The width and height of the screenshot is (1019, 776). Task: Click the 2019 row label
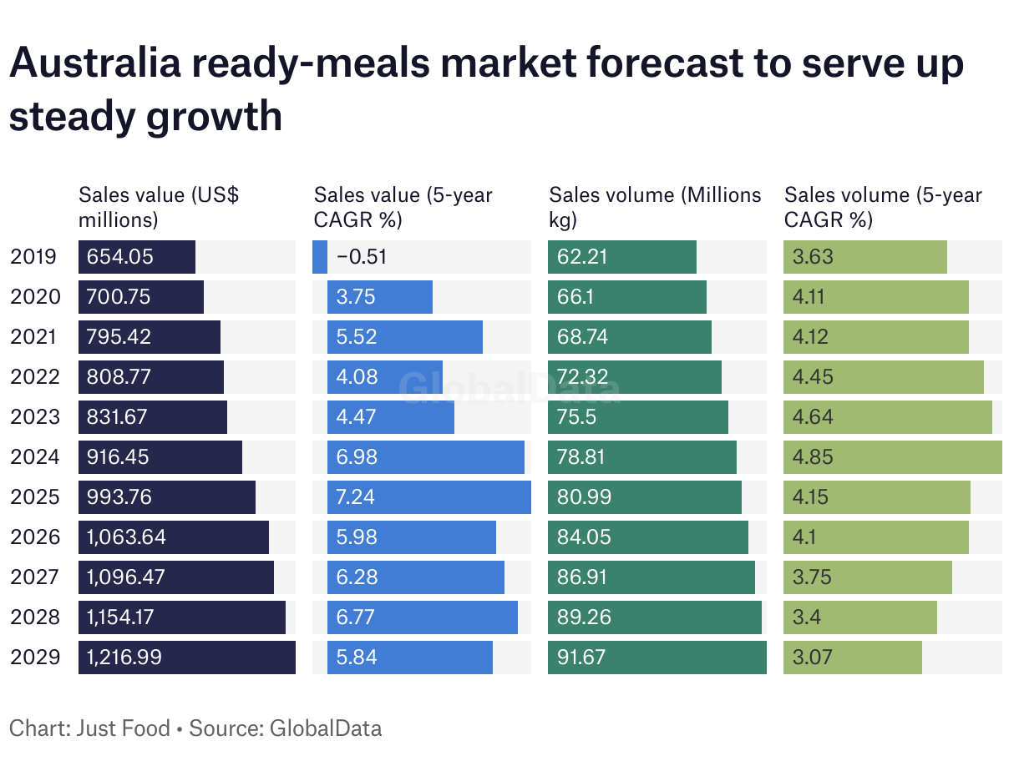(34, 257)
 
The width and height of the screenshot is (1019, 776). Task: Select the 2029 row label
(34, 658)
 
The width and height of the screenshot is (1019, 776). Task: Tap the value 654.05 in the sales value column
(120, 257)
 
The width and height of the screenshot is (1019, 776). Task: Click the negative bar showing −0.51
(320, 257)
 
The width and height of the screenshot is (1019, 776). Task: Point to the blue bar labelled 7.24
(428, 497)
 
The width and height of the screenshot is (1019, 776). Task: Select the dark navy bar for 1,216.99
(186, 658)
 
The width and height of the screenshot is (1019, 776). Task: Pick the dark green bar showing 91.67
(657, 658)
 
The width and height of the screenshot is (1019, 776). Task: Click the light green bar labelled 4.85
(892, 457)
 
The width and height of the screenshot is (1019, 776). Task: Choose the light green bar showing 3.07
(852, 658)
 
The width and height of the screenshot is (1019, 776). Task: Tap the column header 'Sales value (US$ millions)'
(159, 208)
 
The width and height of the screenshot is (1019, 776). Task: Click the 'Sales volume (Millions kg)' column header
(655, 208)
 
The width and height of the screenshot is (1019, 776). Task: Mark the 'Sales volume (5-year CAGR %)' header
(883, 208)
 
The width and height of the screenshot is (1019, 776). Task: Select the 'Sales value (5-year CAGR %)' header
(403, 208)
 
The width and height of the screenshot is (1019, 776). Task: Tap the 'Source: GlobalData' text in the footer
(285, 728)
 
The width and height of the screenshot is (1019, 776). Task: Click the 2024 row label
(34, 457)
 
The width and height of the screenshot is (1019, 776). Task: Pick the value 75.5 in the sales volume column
(576, 417)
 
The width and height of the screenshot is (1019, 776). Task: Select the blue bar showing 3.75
(379, 297)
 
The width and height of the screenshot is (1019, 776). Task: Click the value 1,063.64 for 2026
(126, 537)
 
